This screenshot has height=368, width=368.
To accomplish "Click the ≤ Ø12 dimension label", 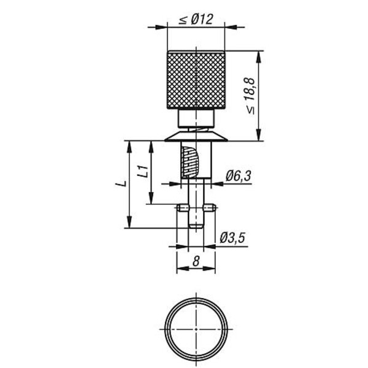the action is click(196, 19).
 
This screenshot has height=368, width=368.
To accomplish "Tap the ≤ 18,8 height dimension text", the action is click(251, 96).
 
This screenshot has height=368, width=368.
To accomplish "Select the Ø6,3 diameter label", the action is click(238, 177).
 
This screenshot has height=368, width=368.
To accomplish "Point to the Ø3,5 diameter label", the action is click(232, 238).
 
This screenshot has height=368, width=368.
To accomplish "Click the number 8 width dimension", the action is click(196, 261).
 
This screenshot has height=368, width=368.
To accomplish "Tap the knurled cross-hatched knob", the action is click(196, 80).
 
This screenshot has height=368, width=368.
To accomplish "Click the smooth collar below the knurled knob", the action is click(196, 118).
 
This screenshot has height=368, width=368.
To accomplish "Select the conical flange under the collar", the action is click(196, 137).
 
